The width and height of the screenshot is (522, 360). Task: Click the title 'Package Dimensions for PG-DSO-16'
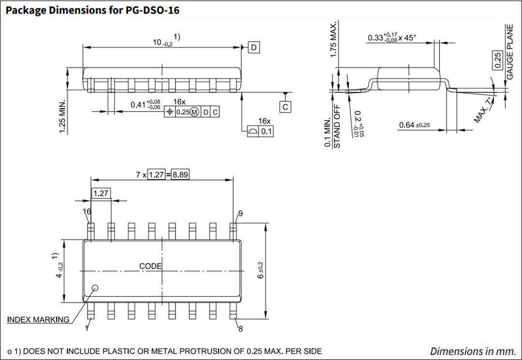coord(92,10)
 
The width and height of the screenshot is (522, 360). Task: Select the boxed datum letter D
coord(254,47)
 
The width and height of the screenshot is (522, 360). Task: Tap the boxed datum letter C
coord(286,107)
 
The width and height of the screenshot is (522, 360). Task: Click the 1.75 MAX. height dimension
coord(333,40)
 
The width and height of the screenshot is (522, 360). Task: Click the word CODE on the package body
coord(150,266)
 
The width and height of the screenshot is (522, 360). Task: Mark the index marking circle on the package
coord(95,288)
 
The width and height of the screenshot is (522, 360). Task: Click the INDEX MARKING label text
coord(38,320)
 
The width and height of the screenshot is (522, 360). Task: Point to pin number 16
coord(87,212)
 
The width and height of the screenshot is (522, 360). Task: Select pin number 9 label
coord(240,213)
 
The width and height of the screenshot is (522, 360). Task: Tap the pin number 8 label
coord(240,329)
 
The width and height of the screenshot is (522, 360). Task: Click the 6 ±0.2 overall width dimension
coord(261,271)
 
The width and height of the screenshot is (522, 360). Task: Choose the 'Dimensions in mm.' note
coord(472,351)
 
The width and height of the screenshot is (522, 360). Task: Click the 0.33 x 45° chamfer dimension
coord(391,38)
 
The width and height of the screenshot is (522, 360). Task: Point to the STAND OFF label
coord(337,128)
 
